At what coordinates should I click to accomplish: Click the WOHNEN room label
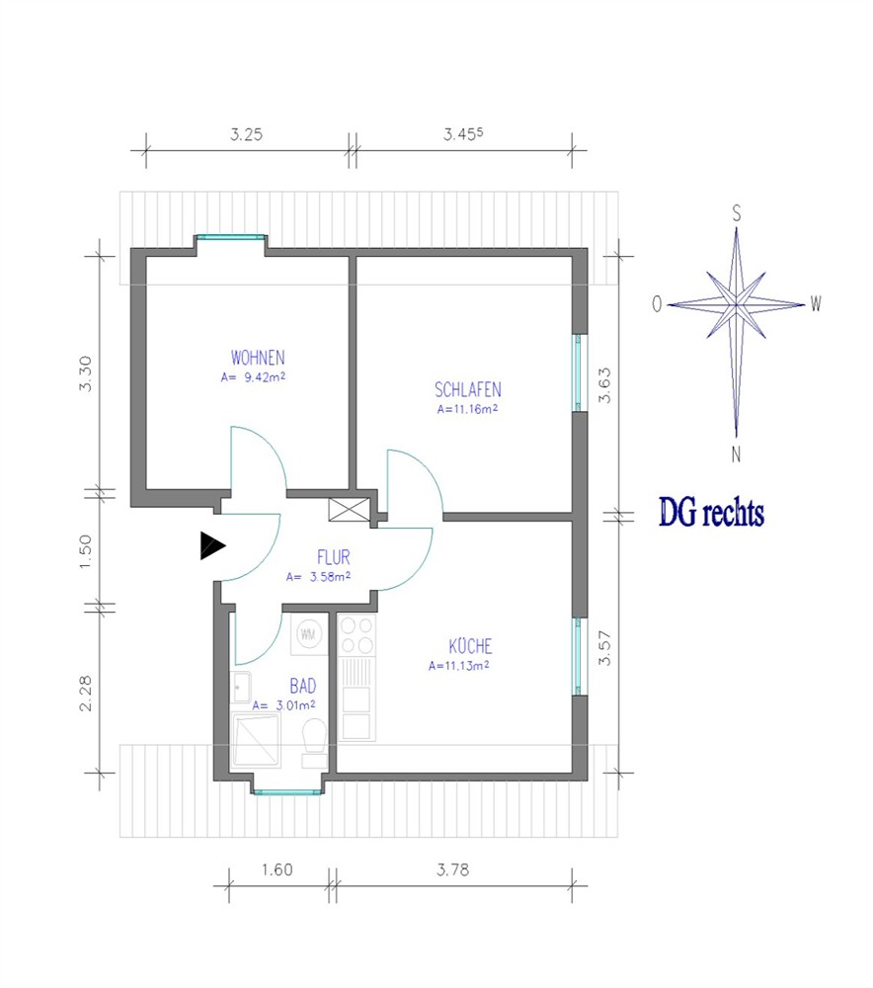258,358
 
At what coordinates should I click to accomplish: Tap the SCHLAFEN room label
468,389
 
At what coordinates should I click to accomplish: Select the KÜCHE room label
470,646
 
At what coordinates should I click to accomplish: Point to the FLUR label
333,557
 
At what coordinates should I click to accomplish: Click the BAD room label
303,686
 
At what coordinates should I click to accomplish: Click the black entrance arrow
212,545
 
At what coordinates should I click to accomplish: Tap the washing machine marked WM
308,634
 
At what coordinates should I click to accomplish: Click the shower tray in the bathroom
256,740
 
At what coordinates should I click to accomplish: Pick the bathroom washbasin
241,687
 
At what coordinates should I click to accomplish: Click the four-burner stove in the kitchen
357,635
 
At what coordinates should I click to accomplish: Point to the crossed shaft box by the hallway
350,510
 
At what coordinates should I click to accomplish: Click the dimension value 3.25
246,134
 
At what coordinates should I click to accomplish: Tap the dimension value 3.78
453,869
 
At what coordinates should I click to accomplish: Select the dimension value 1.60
278,869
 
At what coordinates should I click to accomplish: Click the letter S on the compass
737,213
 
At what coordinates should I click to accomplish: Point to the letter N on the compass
736,454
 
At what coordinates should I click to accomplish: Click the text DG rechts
712,512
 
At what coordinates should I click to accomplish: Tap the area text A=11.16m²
468,409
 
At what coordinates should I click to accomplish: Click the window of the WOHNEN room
230,237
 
